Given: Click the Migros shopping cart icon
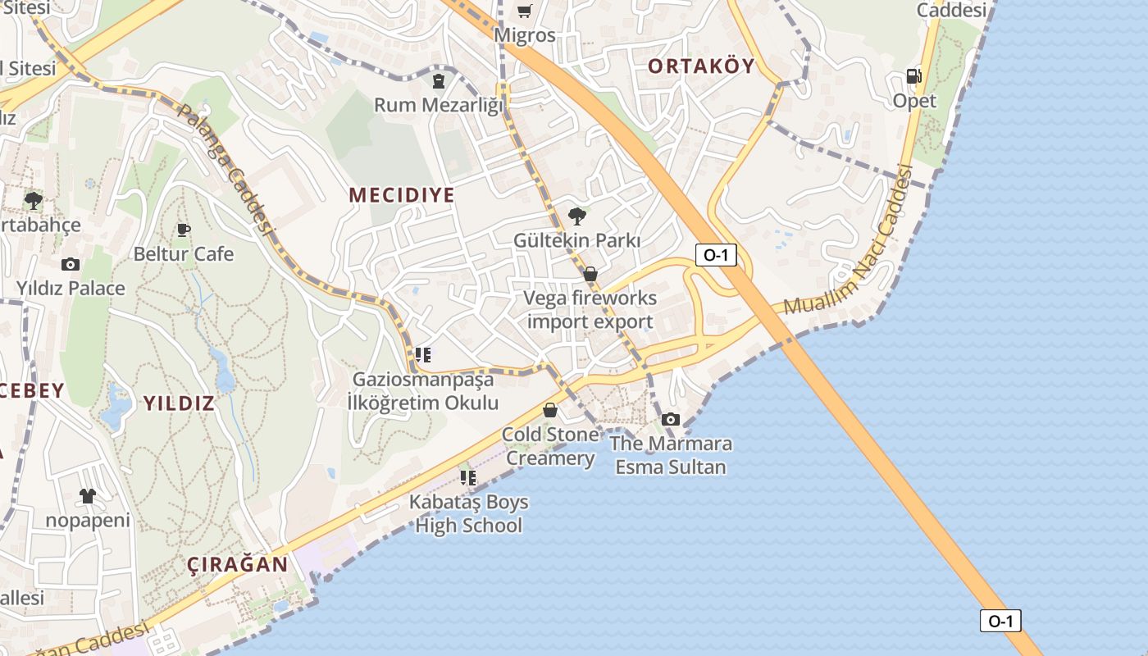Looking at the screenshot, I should point(524,11).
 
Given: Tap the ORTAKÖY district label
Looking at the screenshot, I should point(701,66).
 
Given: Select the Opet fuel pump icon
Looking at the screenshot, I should point(913,76).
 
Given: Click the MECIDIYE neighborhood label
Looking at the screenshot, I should point(401,195).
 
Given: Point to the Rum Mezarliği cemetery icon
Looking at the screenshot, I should point(439,80).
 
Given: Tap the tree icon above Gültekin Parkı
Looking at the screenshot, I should point(577,216).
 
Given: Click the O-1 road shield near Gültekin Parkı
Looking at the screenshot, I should point(716,255).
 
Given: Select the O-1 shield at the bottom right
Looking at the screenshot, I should point(1000,621).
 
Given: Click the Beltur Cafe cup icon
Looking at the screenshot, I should point(183,230).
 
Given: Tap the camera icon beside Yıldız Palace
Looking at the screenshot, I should point(71,264).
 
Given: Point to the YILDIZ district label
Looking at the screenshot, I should point(179,403).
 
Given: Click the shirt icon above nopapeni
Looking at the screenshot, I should point(88,496).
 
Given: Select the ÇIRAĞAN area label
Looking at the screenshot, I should point(238,565).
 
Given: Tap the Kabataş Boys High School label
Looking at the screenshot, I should point(470,513).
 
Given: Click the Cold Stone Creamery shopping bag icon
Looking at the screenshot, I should point(550,410).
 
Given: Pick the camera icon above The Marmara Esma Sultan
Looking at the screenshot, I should point(671,420).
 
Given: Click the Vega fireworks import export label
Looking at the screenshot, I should point(590,310).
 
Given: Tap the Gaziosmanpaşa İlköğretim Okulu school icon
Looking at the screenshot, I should point(423,355).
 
